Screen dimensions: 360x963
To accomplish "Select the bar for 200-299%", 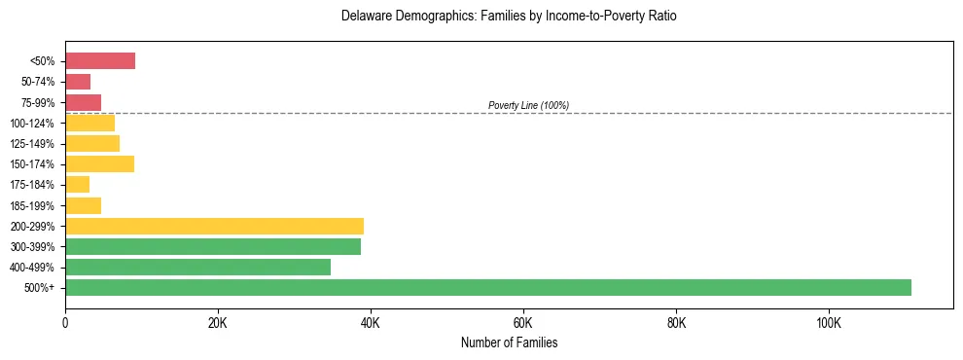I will coord(214,226).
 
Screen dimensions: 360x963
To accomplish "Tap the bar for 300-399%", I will coord(213,246).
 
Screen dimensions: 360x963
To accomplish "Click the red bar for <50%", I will coord(100,60).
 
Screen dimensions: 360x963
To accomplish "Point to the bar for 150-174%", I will coord(99,163).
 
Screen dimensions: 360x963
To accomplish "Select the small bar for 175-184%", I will coord(78,184).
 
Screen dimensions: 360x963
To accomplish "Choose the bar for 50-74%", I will coord(78,82).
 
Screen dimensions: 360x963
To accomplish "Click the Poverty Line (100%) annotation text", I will coord(528,105).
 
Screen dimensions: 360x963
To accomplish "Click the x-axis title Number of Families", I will coord(509,342).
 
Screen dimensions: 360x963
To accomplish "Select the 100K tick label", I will coord(829,322).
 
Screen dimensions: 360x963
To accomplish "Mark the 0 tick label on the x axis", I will coord(65,322).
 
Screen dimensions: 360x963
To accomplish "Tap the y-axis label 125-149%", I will coord(32,144).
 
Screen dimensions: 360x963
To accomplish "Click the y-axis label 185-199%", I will coord(32,205).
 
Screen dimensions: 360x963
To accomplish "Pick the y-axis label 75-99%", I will coord(37,102).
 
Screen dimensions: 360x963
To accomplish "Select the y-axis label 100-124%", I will coord(32,124).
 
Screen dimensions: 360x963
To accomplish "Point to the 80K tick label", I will coord(676,322).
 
